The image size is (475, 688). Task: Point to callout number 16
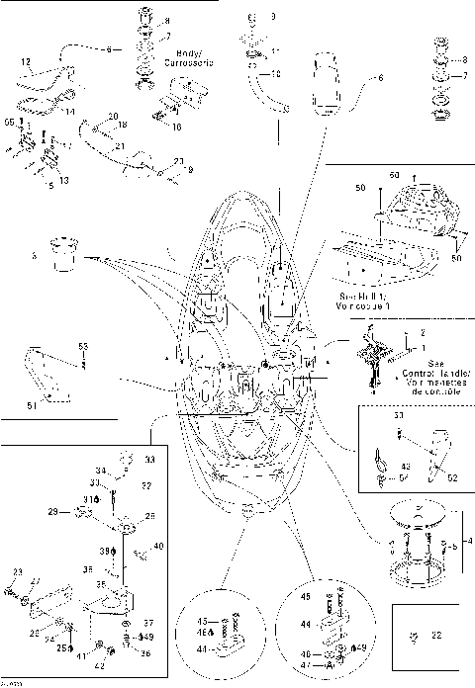pos(175,128)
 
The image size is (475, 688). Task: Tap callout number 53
pos(83,346)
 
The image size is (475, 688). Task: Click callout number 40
pos(159,546)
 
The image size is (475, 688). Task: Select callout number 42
pos(127,665)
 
